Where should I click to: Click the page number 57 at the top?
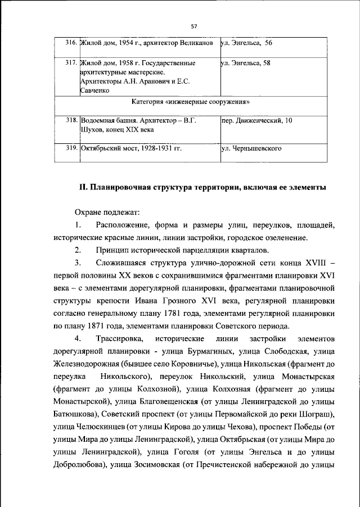click(193, 26)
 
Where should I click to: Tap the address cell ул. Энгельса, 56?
click(246, 42)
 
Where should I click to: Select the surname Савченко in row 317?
click(97, 90)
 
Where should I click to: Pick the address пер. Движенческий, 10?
click(256, 120)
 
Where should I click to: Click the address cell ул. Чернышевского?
click(251, 150)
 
